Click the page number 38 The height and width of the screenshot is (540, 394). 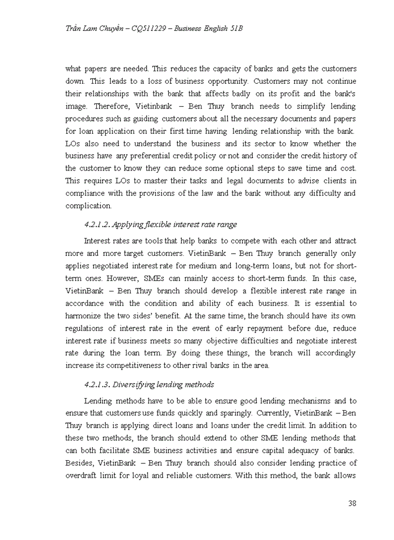[352, 503]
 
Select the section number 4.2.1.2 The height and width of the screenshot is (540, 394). [97, 224]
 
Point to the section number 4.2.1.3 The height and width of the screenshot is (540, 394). [97, 385]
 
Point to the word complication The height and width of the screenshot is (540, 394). [89, 206]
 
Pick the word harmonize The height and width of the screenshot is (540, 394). [85, 316]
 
